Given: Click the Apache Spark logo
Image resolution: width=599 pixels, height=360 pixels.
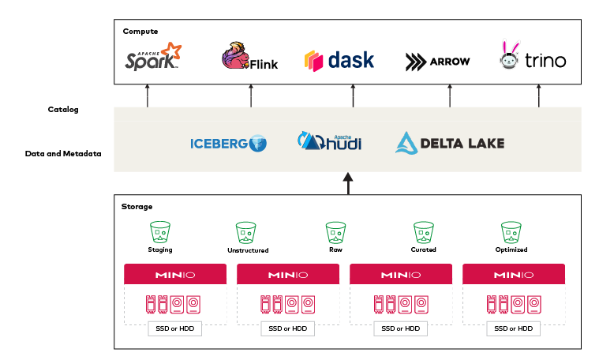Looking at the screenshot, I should click(153, 58).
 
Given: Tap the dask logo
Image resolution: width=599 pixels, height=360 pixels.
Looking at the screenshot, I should click(339, 60).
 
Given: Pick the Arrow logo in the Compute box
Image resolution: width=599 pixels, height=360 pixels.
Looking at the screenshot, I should click(437, 61).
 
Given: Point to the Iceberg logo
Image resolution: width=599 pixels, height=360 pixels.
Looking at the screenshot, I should click(228, 144).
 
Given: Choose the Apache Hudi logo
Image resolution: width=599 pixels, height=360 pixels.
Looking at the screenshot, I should click(329, 141).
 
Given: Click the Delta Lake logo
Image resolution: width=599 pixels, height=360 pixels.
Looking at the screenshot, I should click(449, 143).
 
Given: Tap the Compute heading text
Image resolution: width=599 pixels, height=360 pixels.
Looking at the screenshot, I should click(140, 31).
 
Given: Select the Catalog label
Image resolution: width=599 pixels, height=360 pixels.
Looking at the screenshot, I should click(63, 110).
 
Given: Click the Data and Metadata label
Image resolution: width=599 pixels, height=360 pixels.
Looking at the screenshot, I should click(63, 153).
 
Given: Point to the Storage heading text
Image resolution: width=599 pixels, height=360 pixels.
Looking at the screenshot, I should click(137, 206).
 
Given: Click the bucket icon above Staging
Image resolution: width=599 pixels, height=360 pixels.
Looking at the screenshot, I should click(161, 232).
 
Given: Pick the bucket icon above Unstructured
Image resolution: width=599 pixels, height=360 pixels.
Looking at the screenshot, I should click(246, 232).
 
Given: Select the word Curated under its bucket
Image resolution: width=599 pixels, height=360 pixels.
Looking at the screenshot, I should click(424, 249).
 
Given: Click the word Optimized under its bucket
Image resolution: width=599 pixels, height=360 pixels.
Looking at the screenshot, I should click(511, 249).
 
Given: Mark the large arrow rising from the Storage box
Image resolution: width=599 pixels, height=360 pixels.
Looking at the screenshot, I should click(348, 183).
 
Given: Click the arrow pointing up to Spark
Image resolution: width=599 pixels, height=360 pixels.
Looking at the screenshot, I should click(147, 96).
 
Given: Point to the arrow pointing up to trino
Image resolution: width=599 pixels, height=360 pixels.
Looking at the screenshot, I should click(539, 96).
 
